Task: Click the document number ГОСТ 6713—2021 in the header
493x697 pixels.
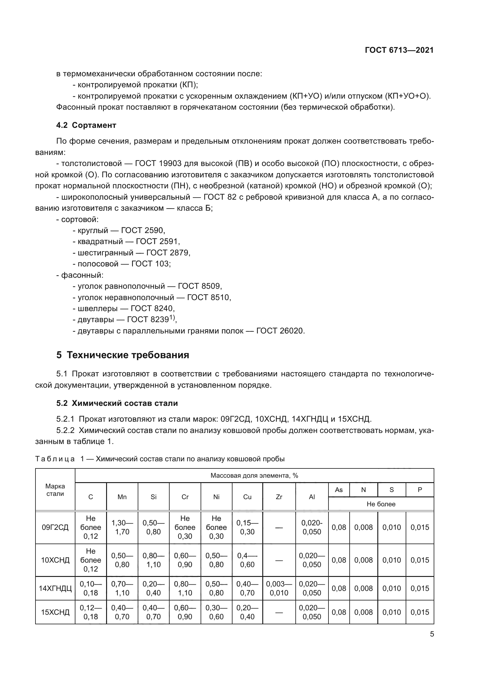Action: click(x=399, y=50)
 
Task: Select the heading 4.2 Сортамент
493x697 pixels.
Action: click(x=86, y=125)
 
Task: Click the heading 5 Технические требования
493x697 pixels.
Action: click(x=123, y=355)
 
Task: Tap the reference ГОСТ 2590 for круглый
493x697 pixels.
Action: click(x=143, y=230)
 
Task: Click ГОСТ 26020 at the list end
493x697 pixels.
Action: click(x=280, y=330)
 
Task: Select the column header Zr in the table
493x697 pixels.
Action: click(x=279, y=497)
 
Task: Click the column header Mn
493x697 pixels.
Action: click(x=122, y=497)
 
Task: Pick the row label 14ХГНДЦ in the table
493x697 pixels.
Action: click(x=55, y=588)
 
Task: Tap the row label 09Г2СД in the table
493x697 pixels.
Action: click(x=55, y=527)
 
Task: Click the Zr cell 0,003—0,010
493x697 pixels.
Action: click(x=279, y=588)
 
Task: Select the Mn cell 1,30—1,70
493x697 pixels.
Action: click(x=122, y=527)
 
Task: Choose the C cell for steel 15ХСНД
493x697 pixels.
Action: click(x=91, y=612)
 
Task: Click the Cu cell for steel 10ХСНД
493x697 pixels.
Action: click(x=247, y=560)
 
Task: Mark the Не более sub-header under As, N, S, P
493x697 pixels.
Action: click(x=381, y=504)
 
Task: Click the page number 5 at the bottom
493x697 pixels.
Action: click(x=432, y=634)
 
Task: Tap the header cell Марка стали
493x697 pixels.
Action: click(x=55, y=490)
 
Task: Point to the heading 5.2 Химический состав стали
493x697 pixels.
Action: click(x=117, y=403)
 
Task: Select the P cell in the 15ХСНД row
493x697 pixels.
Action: click(x=420, y=612)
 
